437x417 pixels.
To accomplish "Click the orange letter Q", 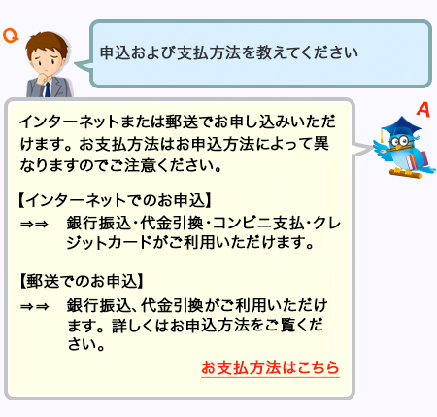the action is [11, 36].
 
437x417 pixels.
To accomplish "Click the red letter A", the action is [423, 110].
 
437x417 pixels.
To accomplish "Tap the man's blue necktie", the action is [48, 89].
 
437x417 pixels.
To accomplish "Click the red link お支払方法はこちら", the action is [270, 367].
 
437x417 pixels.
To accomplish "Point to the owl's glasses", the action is [401, 141].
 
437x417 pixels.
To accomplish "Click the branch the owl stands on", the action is [406, 174].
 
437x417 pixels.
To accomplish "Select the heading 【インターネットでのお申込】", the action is [115, 200].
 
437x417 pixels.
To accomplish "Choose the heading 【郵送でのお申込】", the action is [82, 281].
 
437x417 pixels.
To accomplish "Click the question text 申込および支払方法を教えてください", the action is [228, 52].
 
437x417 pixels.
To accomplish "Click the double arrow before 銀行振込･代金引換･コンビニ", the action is [34, 224].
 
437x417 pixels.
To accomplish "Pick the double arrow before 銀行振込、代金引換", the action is [34, 306].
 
